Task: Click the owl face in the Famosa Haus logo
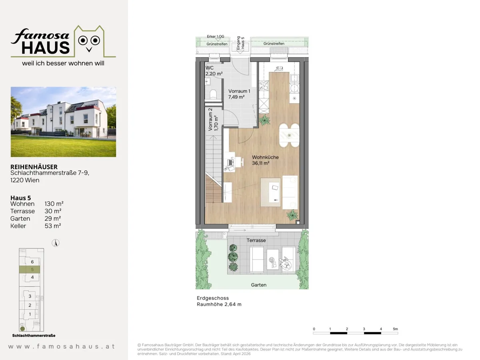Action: click(89, 42)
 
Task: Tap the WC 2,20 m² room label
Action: click(214, 71)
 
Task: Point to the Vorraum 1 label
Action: click(239, 91)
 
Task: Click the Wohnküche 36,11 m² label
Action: click(265, 160)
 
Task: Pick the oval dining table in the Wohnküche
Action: click(289, 136)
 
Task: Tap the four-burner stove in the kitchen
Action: click(264, 86)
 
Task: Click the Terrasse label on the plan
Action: click(256, 240)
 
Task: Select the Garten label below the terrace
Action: click(259, 285)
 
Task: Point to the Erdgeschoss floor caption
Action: click(213, 298)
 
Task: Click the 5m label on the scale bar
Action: click(395, 329)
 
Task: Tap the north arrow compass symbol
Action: click(56, 243)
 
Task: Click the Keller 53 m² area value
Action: click(53, 226)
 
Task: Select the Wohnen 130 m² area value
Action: click(54, 204)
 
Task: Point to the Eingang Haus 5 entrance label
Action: click(240, 43)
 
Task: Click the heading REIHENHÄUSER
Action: click(34, 167)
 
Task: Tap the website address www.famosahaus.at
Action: click(62, 346)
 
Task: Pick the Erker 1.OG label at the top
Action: click(215, 36)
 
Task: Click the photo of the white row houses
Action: click(64, 122)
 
